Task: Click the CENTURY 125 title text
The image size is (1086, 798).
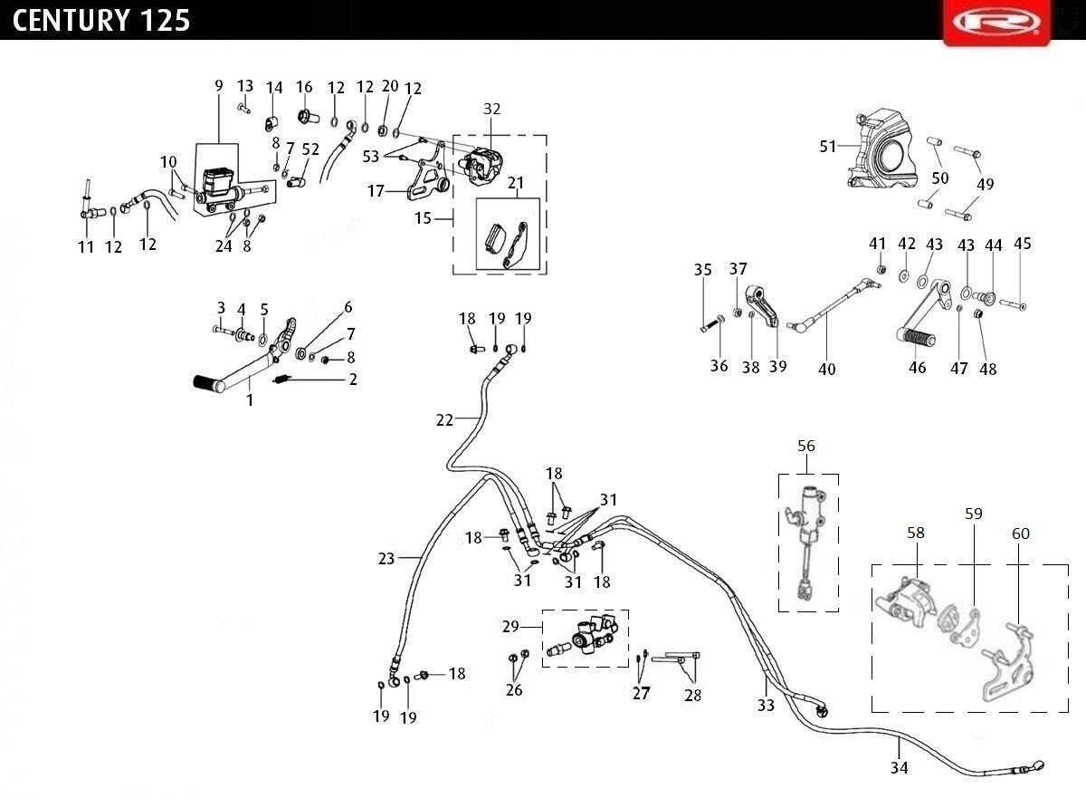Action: tap(100, 20)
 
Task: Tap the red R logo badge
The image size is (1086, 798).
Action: tap(996, 23)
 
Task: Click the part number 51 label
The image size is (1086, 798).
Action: tap(827, 146)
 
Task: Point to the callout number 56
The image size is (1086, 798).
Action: tap(806, 446)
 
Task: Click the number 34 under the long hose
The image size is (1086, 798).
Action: tap(899, 767)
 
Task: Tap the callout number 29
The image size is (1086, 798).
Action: tap(510, 626)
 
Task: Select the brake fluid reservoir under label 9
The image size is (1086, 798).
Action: tap(219, 183)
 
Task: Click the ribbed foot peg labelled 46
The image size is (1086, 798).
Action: tap(915, 337)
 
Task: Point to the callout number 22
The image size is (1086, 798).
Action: tap(444, 419)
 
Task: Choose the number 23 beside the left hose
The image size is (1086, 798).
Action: tap(386, 558)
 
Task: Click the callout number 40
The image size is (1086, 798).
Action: tap(826, 370)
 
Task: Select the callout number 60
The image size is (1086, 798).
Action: tap(1021, 534)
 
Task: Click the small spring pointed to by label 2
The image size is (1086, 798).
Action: tap(281, 380)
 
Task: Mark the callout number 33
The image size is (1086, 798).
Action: tap(766, 705)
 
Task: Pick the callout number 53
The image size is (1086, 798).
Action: tap(371, 156)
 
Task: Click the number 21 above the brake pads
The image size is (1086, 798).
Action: tap(516, 183)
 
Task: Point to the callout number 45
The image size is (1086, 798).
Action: tap(1023, 243)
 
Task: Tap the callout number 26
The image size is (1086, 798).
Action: tap(514, 689)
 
